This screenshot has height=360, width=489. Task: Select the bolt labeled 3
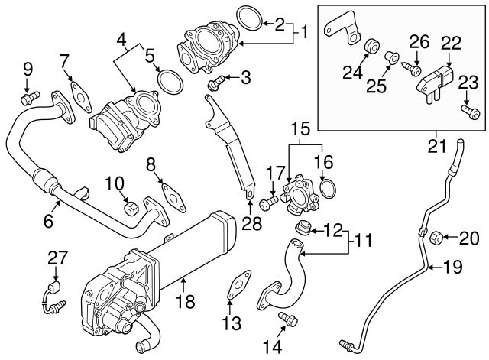point(217,80)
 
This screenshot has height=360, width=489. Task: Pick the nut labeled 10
point(131,207)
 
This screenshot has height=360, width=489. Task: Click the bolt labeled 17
point(268,203)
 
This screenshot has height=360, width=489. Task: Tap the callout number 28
point(251,224)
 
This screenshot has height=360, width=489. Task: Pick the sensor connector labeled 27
point(50,294)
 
